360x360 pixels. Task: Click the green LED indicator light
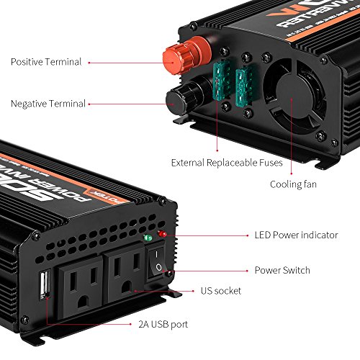(148, 238)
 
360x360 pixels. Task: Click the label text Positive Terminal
(46, 62)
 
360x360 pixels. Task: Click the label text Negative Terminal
(47, 104)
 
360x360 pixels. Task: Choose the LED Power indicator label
(295, 235)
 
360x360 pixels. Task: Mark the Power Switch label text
(282, 271)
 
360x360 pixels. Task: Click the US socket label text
(221, 291)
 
